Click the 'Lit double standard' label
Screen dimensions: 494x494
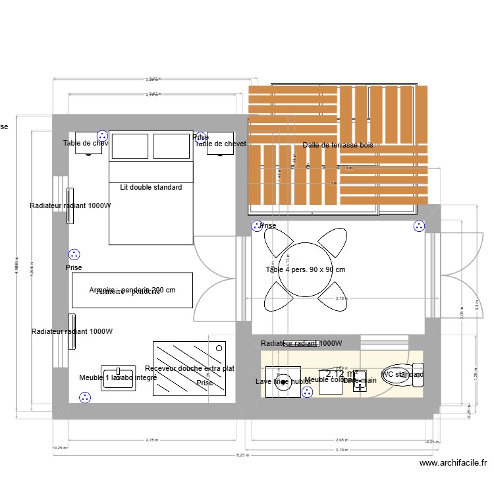click(x=151, y=187)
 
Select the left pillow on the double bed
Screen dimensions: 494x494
click(x=130, y=146)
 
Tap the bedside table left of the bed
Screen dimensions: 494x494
click(x=88, y=143)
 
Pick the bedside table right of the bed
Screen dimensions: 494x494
click(x=221, y=144)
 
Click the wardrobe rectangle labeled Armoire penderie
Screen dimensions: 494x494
click(x=132, y=290)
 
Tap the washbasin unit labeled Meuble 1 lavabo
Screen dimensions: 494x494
click(x=118, y=378)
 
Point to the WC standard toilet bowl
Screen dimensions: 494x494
click(x=400, y=375)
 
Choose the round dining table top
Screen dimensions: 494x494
click(x=305, y=269)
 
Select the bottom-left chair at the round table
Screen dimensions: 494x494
click(x=277, y=297)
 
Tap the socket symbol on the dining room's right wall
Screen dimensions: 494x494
click(x=419, y=227)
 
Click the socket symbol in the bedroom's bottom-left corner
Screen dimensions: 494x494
click(x=84, y=397)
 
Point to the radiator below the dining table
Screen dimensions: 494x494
click(x=301, y=343)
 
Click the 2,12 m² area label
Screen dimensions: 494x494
click(x=341, y=373)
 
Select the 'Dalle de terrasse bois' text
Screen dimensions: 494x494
click(x=337, y=145)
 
